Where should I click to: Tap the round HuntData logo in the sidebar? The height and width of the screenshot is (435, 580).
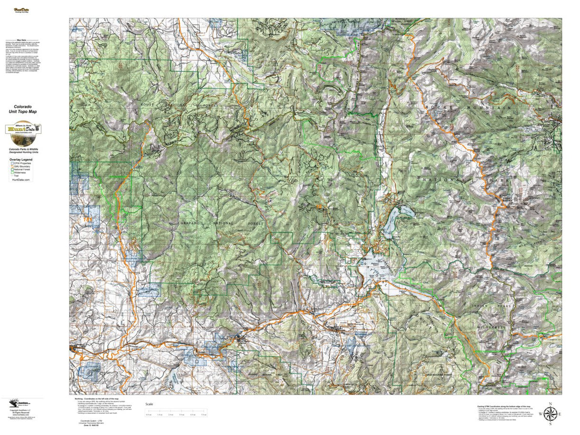[x=23, y=130]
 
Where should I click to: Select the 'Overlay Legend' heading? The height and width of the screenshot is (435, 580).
[x=23, y=159]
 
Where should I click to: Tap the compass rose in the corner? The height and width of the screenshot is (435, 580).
[x=550, y=414]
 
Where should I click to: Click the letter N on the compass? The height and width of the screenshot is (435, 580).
[x=550, y=403]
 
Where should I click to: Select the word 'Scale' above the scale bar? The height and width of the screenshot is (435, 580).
[x=149, y=404]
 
